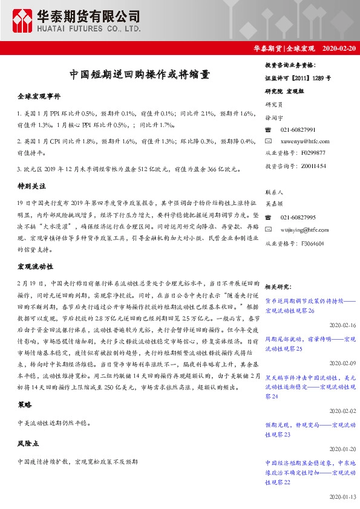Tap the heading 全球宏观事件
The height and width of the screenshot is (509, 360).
coord(39,97)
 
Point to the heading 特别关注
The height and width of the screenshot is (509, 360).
coord(32,188)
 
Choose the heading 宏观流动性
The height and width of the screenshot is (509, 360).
coord(36,266)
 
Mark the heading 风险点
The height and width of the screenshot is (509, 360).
coord(28,444)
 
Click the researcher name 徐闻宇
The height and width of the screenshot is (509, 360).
coord(275,117)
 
